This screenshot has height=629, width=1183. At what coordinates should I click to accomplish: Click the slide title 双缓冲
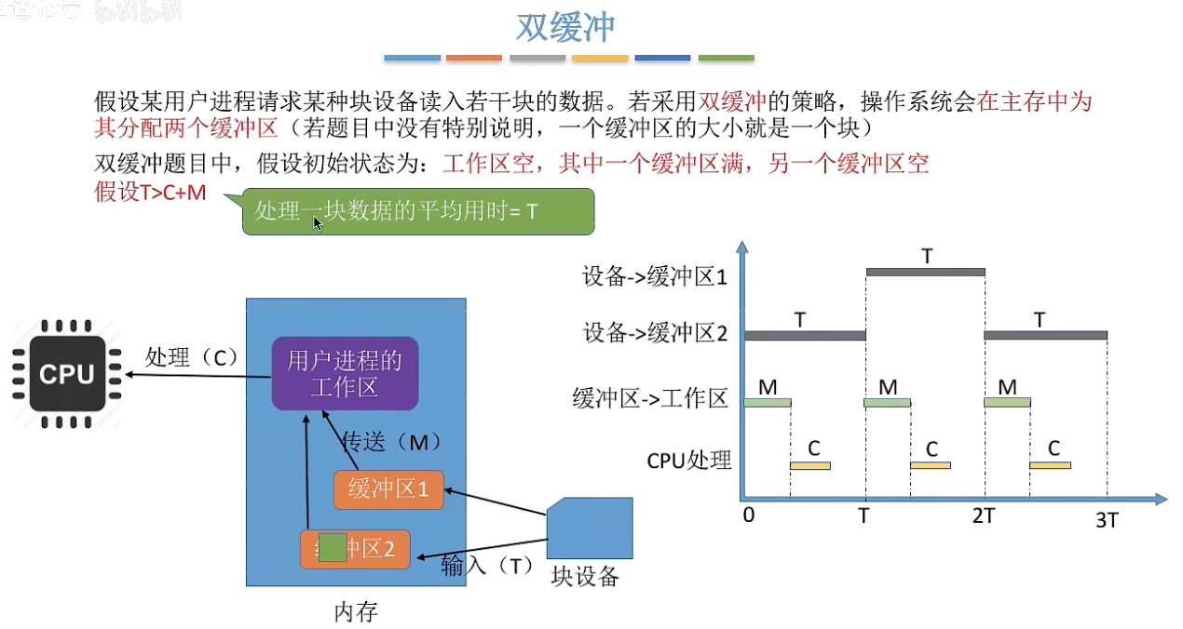[x=566, y=28]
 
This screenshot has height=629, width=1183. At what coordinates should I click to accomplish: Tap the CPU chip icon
[x=67, y=374]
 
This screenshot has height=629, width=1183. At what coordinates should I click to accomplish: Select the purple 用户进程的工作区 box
[x=345, y=373]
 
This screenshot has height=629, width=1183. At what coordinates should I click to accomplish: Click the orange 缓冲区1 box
[x=388, y=489]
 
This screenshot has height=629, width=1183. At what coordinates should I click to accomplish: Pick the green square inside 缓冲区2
[x=333, y=548]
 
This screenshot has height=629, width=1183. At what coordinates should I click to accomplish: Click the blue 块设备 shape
[x=590, y=529]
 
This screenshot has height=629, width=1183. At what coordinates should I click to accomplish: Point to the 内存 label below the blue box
[x=356, y=612]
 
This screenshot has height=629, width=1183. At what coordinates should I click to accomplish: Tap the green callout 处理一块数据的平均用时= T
[x=417, y=211]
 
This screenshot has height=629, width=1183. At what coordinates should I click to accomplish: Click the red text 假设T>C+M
[x=150, y=194]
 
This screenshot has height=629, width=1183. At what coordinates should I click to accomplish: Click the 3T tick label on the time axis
[x=1107, y=520]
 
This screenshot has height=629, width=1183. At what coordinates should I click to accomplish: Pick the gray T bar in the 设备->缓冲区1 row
[x=925, y=272]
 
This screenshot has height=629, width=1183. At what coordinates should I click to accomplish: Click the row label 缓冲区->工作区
[x=649, y=399]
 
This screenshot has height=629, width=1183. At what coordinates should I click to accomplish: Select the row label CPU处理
[x=689, y=460]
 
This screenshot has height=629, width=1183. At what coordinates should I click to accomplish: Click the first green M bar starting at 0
[x=768, y=402]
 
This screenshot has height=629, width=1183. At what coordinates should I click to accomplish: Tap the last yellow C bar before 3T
[x=1050, y=464]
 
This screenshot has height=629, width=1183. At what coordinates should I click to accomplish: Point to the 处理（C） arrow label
[x=192, y=356]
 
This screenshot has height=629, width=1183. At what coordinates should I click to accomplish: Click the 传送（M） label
[x=391, y=440]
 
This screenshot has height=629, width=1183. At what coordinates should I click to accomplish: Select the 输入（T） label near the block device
[x=485, y=565]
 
